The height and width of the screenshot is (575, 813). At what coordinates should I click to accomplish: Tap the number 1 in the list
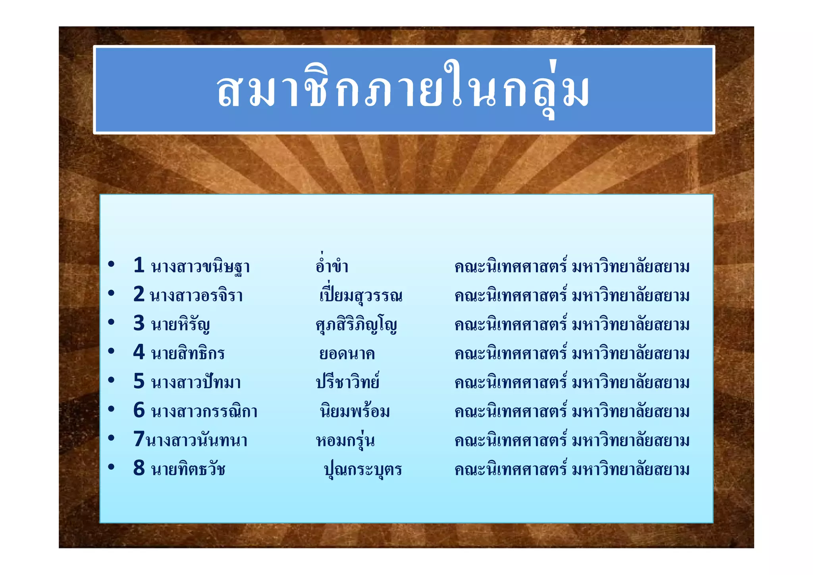click(x=139, y=265)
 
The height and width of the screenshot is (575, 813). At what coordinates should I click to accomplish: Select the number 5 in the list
click(x=139, y=381)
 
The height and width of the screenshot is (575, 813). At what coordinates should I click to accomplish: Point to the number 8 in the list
click(x=139, y=468)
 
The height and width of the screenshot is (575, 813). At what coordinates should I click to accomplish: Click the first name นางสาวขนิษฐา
click(x=200, y=267)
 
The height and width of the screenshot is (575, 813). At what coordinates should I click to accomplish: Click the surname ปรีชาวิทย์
click(x=348, y=382)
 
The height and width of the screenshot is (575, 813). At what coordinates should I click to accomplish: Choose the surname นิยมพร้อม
click(x=354, y=411)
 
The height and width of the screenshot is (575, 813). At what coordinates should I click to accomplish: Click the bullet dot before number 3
click(x=111, y=322)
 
